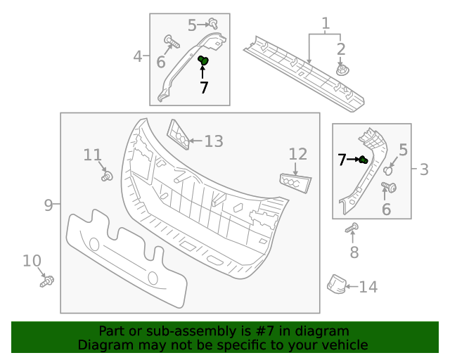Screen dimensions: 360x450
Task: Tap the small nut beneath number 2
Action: (342, 70)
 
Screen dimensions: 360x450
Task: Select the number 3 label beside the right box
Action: (424, 169)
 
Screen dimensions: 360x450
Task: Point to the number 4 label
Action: (138, 56)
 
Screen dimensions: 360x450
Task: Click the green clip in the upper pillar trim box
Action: (203, 62)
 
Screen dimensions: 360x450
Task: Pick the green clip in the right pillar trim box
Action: (363, 161)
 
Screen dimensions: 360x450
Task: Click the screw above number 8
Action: (353, 228)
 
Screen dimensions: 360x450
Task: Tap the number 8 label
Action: (354, 252)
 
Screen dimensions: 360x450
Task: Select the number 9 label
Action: (49, 205)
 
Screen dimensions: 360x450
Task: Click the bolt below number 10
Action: (48, 281)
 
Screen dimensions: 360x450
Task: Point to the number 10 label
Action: (32, 261)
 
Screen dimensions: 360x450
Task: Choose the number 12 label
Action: (298, 153)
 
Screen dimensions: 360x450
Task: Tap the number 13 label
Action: (213, 141)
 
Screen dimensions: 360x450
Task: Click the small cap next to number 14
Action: (336, 284)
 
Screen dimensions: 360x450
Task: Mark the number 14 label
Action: (368, 287)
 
